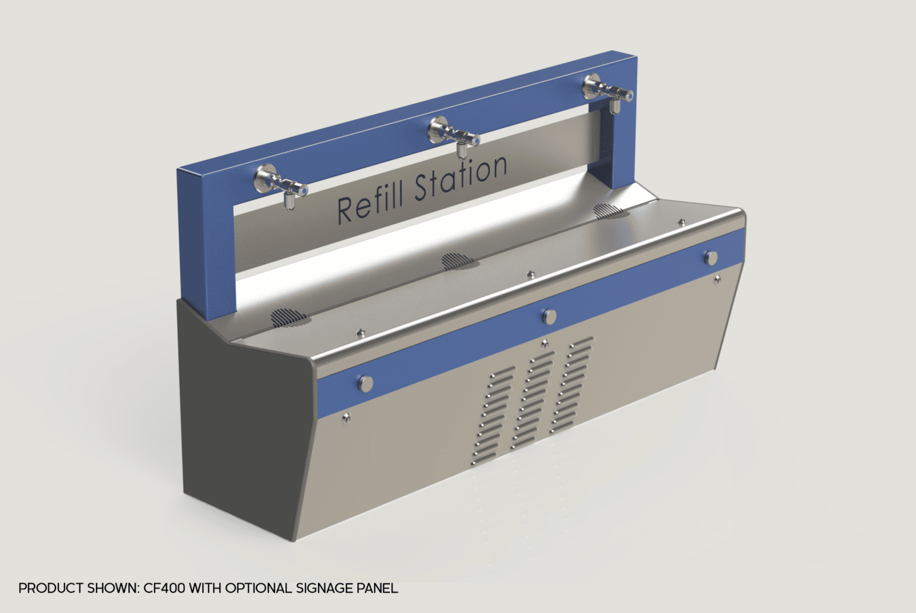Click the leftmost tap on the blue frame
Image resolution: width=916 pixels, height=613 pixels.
(277, 185)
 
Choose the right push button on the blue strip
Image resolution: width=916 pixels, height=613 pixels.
(711, 258)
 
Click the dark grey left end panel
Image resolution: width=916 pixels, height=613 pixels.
(245, 417)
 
